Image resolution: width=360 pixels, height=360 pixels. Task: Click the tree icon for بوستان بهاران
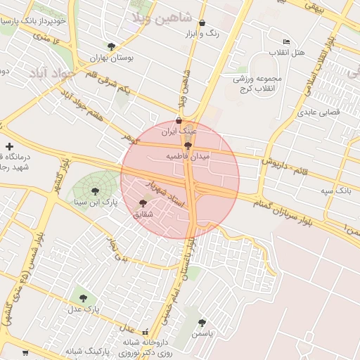tap(111, 46)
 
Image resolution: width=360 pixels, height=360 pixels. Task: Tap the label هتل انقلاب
tap(288, 53)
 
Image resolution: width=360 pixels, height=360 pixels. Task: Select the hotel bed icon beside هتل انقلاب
tap(285, 41)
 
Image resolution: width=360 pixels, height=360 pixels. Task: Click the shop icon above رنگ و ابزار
tap(202, 22)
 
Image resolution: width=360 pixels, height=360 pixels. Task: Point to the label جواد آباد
tap(49, 73)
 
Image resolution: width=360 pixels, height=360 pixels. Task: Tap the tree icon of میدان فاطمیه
tap(187, 145)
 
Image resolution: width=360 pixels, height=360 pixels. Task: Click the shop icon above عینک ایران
tap(179, 120)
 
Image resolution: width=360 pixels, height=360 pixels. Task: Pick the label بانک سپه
tap(334, 191)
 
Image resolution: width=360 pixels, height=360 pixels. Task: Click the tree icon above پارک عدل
tap(84, 298)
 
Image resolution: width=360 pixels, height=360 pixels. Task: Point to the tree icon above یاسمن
tap(202, 323)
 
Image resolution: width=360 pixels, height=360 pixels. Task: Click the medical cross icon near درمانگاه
tap(8, 146)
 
